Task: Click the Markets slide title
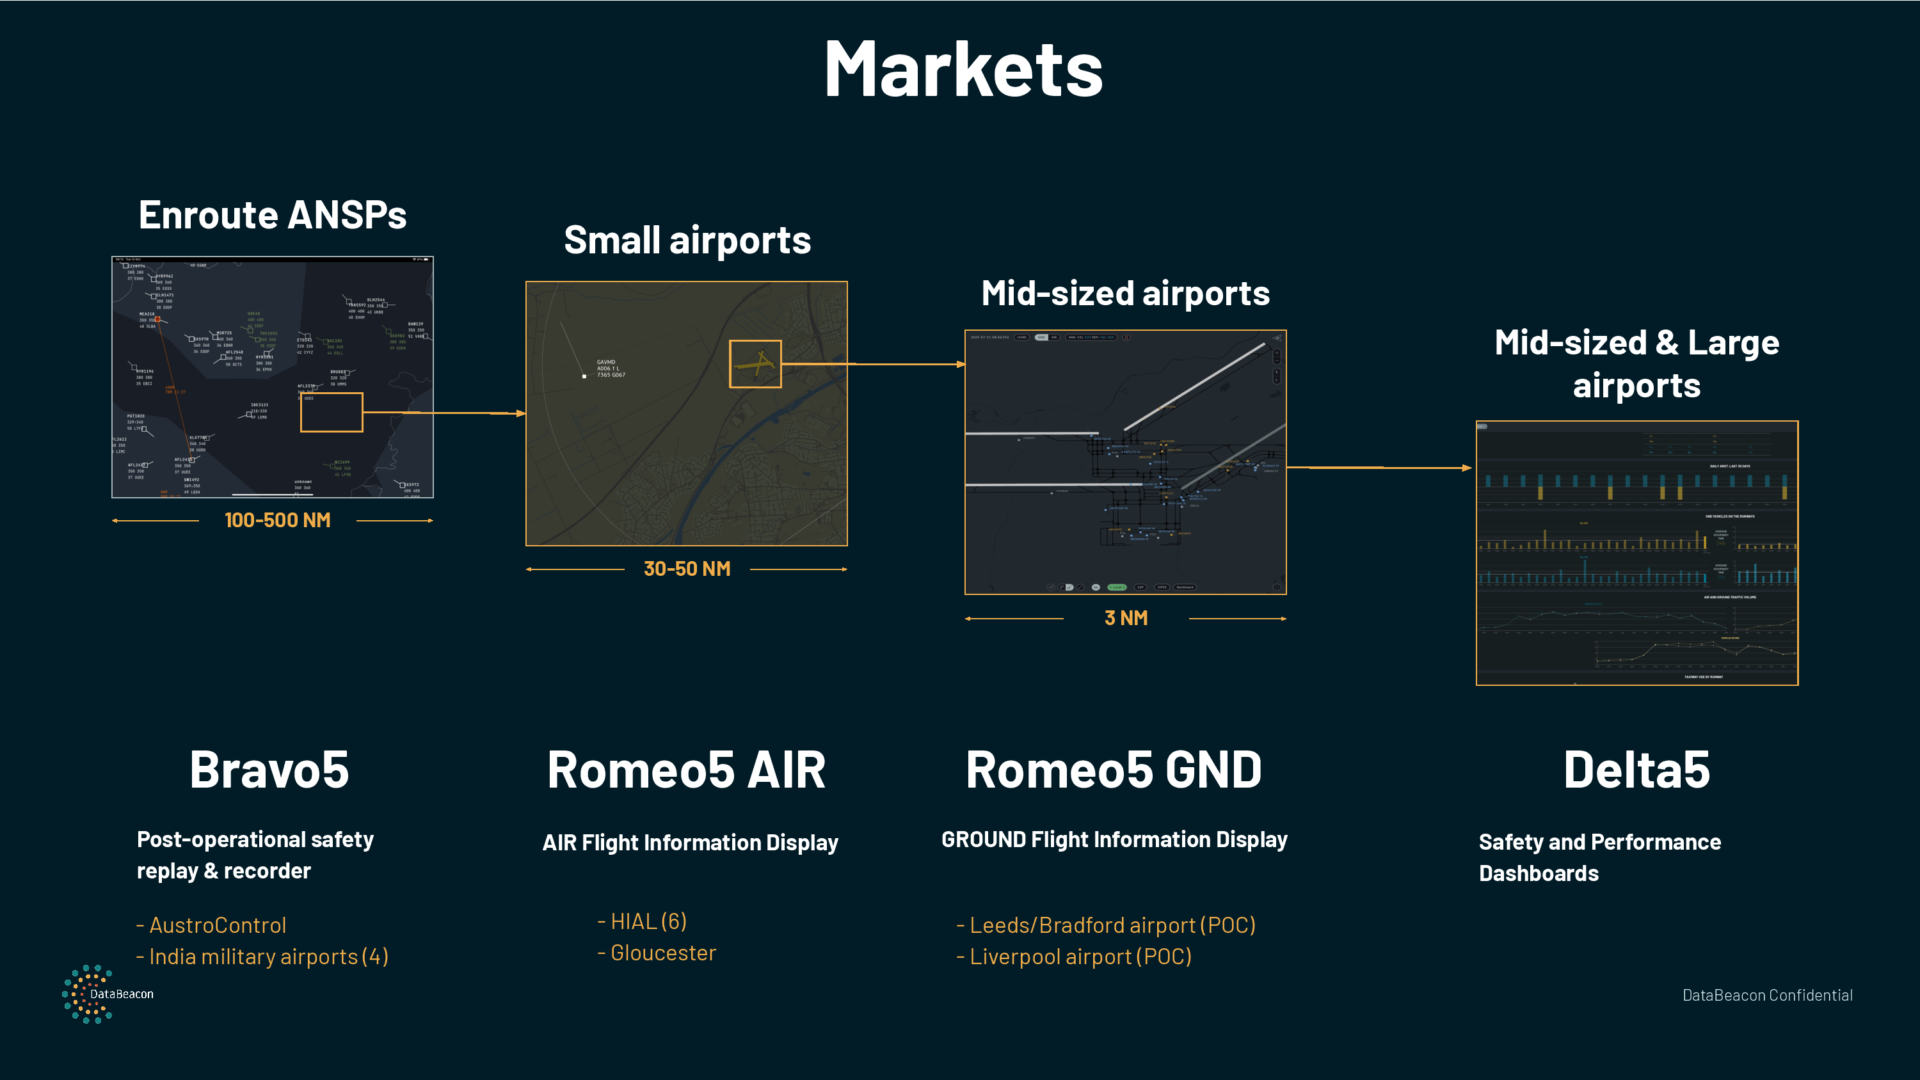point(963,69)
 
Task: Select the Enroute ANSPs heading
point(272,216)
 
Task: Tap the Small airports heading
point(687,240)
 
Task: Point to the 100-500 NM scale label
point(277,520)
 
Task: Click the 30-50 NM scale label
point(687,569)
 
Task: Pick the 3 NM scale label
point(1126,618)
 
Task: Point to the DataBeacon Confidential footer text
point(1767,995)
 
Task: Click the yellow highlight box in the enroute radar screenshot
point(332,412)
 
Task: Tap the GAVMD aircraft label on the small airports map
point(611,368)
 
